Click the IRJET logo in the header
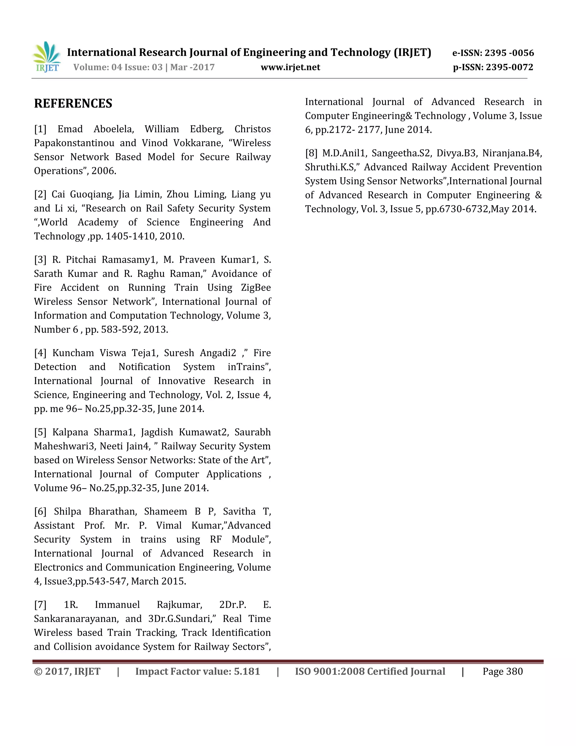[x=47, y=57]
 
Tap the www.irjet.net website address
[x=290, y=67]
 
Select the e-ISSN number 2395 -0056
[x=509, y=53]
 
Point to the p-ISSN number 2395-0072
[x=509, y=67]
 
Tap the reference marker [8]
[x=311, y=153]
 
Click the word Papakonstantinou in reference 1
[x=74, y=143]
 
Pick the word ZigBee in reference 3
[x=256, y=288]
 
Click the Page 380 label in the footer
[x=502, y=671]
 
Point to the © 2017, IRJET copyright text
[x=67, y=671]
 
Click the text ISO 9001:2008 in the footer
[x=330, y=671]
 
